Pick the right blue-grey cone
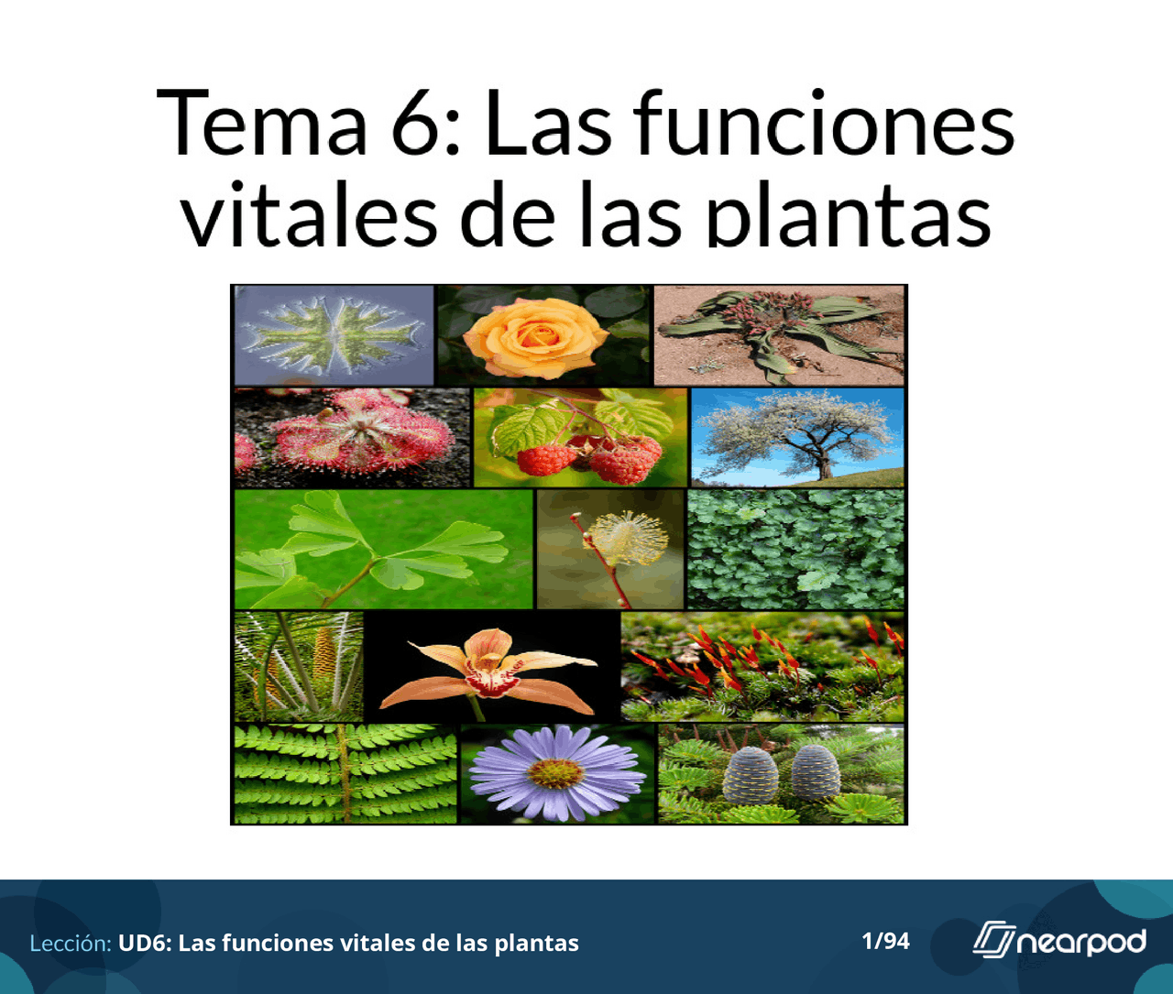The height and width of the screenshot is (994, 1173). (815, 772)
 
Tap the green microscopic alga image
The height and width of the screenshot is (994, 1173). (334, 334)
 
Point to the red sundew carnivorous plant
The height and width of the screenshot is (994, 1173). (353, 436)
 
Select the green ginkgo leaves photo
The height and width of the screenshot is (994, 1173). (383, 549)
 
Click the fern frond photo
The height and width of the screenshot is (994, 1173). (345, 774)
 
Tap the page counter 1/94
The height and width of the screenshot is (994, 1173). (885, 941)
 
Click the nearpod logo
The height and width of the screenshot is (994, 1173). (1059, 940)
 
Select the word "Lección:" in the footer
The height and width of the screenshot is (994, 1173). (71, 943)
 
